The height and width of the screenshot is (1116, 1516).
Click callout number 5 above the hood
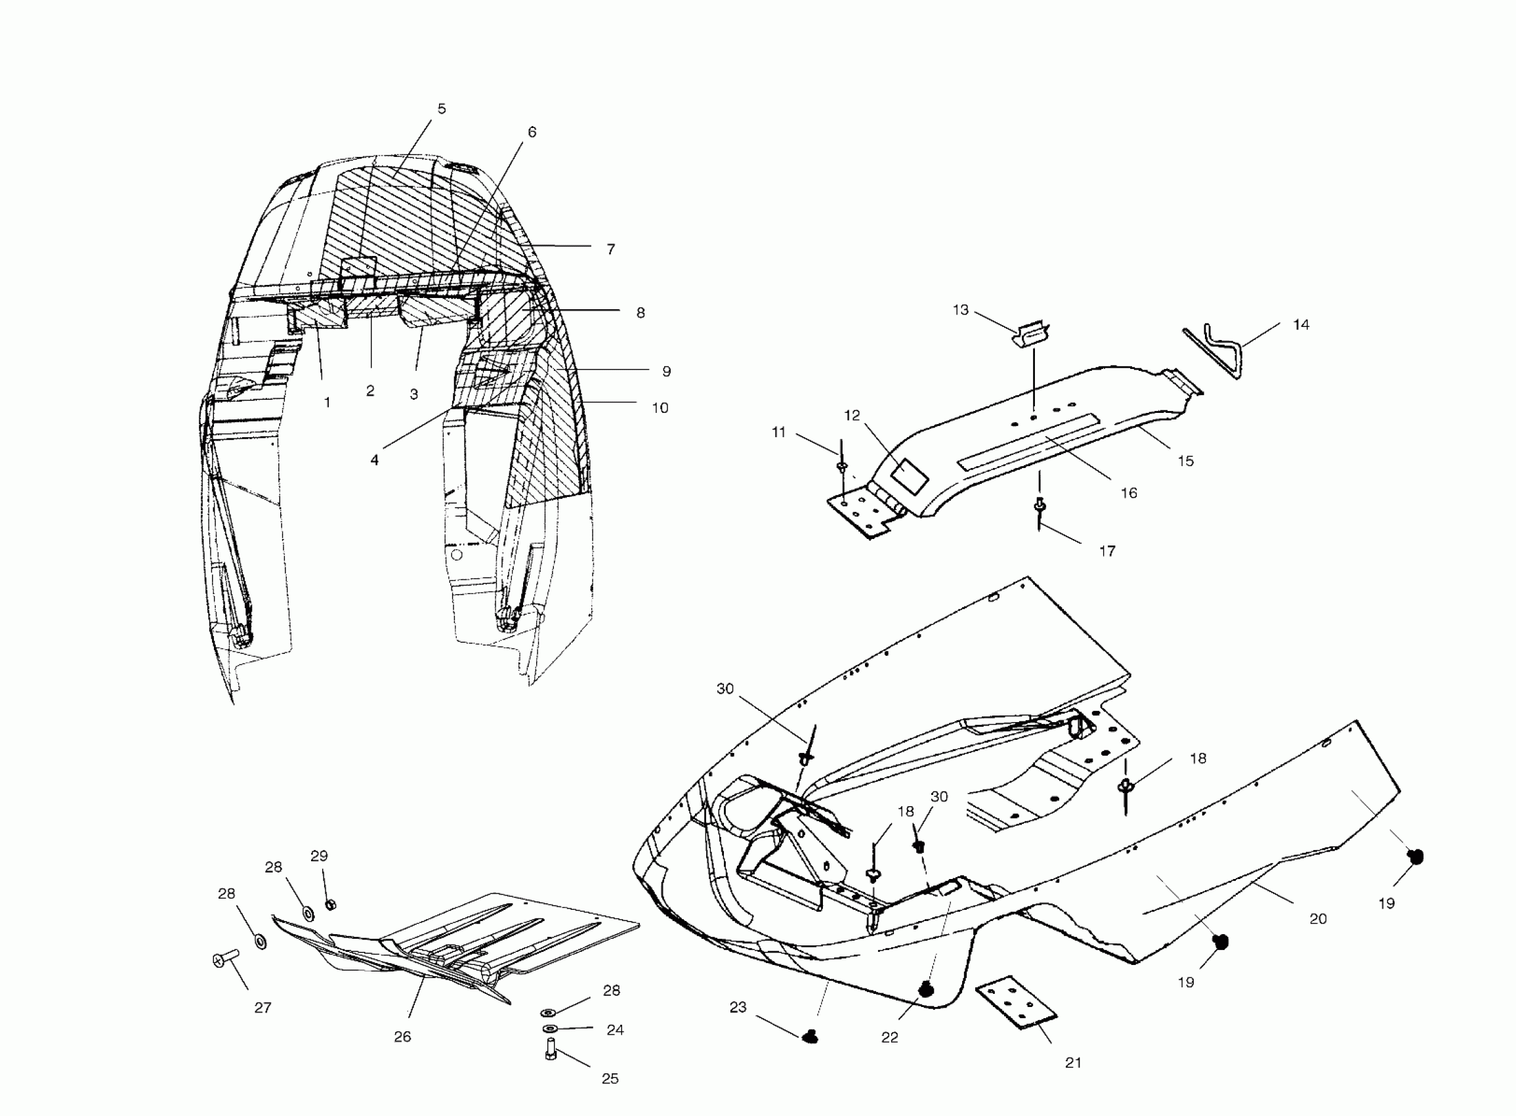442,109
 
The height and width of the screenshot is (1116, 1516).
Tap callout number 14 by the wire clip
1301,325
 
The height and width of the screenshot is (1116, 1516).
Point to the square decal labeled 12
910,475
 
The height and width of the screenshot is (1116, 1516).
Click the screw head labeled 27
220,960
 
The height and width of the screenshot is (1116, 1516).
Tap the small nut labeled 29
330,905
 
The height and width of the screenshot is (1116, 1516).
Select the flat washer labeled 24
551,1028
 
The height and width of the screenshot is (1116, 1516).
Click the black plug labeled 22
926,990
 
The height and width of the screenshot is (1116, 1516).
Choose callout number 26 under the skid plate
402,1037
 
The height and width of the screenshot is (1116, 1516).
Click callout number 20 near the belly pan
1317,919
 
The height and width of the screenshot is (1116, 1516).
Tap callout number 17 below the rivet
1106,551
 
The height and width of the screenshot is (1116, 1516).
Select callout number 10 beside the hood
660,408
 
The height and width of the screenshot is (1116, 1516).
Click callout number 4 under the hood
374,460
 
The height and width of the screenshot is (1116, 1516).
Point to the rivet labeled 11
841,467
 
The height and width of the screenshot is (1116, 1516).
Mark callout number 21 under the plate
1073,1063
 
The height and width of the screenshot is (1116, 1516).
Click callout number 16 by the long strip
1128,493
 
